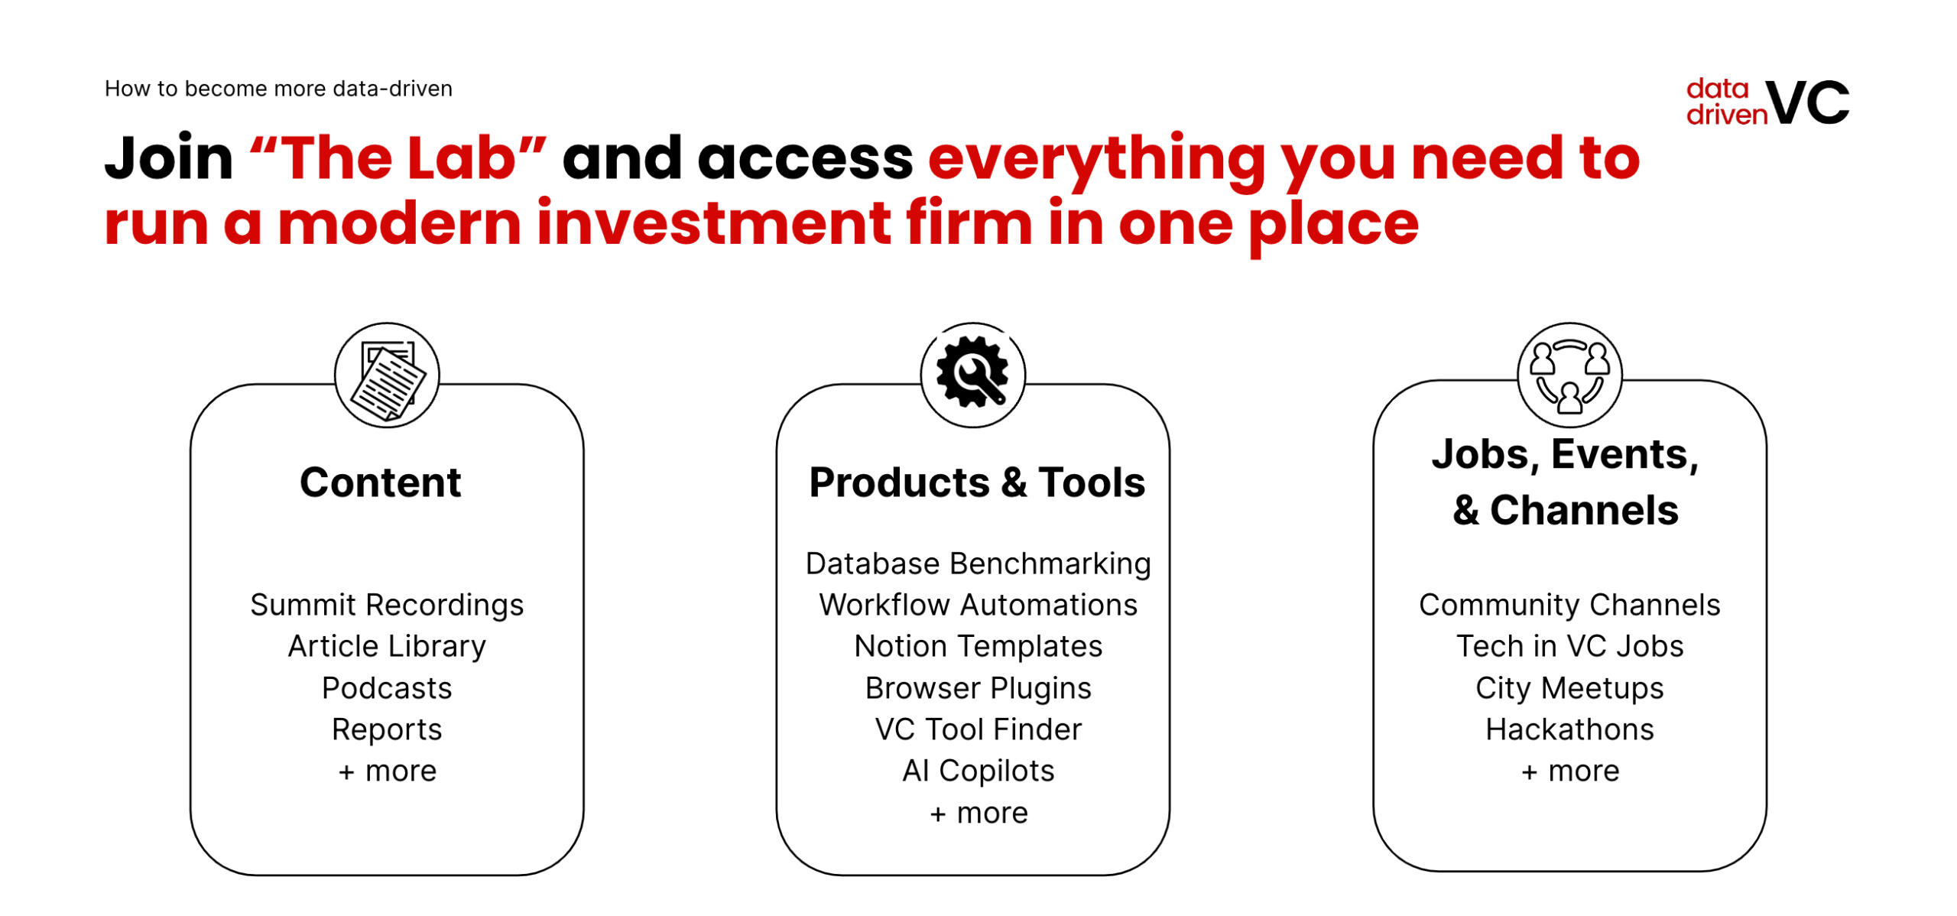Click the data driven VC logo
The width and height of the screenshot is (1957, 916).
tap(1767, 102)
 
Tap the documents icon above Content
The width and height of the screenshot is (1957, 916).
tap(387, 375)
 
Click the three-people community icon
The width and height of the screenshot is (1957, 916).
tap(1569, 375)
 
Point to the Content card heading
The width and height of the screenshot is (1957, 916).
tap(381, 482)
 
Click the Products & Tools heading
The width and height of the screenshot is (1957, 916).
tap(977, 482)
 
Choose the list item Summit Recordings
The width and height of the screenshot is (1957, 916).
tap(387, 605)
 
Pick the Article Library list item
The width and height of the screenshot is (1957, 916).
tap(387, 647)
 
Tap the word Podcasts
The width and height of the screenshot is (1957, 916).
tap(387, 688)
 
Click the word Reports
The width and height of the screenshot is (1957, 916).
tap(387, 730)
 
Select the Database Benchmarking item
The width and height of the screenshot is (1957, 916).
tap(978, 564)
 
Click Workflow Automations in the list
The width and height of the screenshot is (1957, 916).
tap(978, 605)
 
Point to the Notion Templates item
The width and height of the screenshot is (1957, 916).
tap(978, 647)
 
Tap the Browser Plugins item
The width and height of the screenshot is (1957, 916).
tap(978, 688)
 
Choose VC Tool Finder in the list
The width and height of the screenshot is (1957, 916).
tap(978, 729)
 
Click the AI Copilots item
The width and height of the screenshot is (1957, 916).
tap(978, 771)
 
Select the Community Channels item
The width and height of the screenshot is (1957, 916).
tap(1569, 605)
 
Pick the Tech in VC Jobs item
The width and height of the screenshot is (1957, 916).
tap(1569, 647)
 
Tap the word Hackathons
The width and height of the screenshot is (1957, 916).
tap(1569, 729)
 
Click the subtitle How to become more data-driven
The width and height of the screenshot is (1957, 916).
tap(278, 89)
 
